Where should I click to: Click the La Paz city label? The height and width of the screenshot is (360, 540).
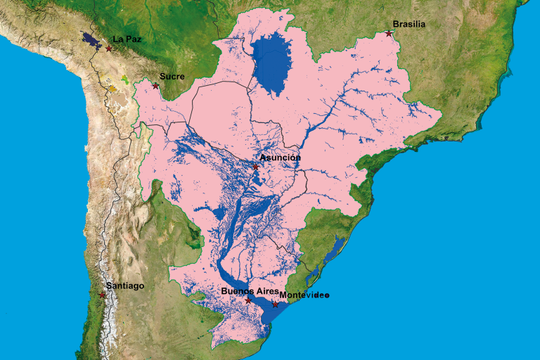pos(127,39)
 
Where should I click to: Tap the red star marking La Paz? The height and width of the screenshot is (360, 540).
pos(109,49)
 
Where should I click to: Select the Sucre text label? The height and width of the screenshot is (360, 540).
pos(172,76)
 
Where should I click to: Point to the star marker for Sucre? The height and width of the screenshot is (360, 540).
pos(155,86)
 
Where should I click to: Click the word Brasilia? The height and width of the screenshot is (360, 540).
pos(409,24)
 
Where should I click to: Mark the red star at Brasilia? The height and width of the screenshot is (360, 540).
pos(389,33)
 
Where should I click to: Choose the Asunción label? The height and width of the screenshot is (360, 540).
pos(280,157)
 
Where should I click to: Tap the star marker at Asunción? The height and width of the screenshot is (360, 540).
pos(256,167)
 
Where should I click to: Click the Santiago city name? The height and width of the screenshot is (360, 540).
pos(125,285)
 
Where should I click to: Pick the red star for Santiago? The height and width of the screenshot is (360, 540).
pos(103,295)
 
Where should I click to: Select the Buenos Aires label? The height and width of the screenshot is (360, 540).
pos(245,290)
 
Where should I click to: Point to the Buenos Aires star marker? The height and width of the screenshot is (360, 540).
pos(248,300)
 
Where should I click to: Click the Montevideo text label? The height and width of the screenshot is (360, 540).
pos(304,295)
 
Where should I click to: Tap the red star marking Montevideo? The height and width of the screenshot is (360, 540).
pos(276,304)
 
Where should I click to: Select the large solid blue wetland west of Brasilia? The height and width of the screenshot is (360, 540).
pos(273,63)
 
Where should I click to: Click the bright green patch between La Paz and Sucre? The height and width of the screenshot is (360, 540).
pos(125,79)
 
